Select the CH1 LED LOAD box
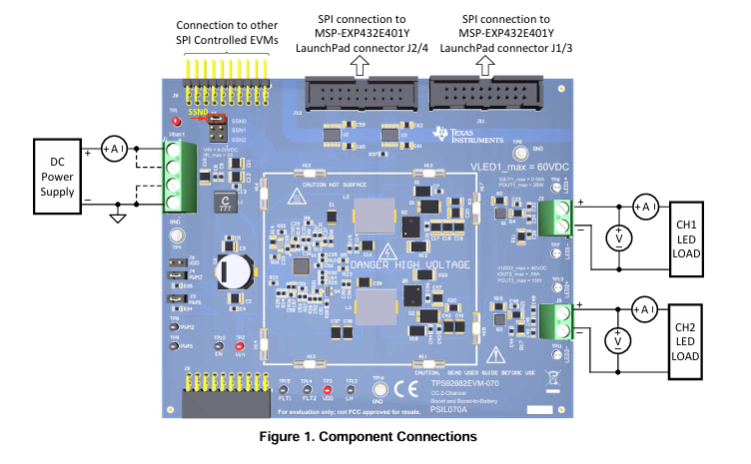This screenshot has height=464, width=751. (x=685, y=235)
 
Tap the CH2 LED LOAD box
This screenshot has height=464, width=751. (x=685, y=340)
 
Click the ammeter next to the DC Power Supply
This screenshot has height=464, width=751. (x=113, y=149)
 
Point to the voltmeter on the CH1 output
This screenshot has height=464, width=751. (x=618, y=236)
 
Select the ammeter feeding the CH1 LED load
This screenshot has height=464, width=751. (x=644, y=206)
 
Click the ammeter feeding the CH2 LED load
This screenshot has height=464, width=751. (x=644, y=310)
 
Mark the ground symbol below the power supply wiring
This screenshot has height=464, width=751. (x=117, y=217)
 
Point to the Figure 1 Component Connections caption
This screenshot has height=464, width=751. (x=375, y=437)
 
